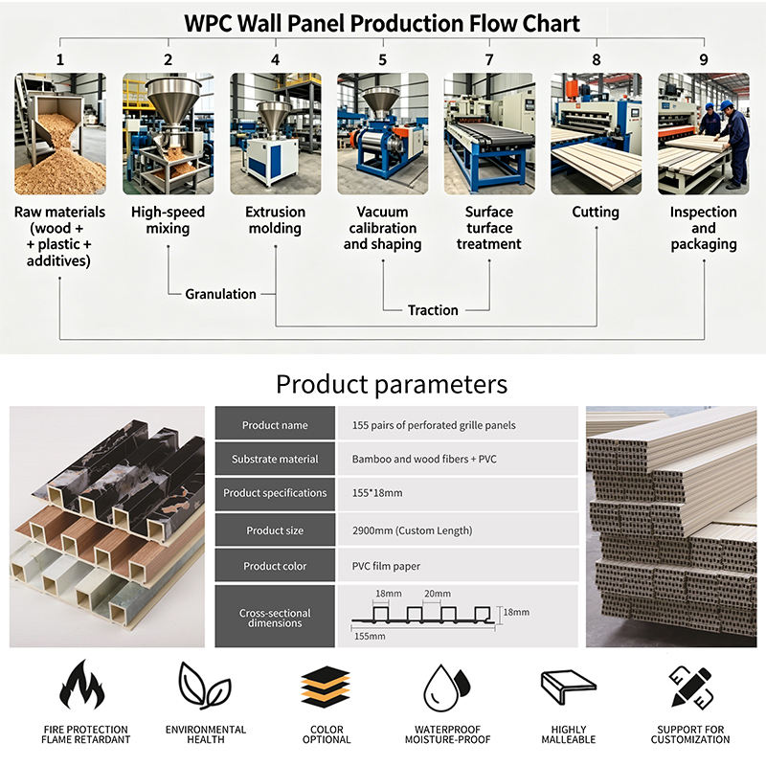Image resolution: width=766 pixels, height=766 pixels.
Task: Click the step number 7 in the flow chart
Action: (x=489, y=59)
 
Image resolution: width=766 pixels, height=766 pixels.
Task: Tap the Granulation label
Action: (x=220, y=294)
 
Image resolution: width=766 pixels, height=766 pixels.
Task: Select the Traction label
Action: (x=433, y=310)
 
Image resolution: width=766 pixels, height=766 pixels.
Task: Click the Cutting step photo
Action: (x=596, y=134)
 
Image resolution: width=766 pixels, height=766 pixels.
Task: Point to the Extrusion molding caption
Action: (x=275, y=220)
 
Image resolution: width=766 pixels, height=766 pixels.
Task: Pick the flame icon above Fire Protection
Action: (x=82, y=685)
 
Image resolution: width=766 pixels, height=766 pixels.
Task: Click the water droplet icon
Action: (x=446, y=687)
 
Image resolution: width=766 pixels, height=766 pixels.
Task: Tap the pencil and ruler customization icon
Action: (x=690, y=687)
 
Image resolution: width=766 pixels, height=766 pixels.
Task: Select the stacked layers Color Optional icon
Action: (x=326, y=687)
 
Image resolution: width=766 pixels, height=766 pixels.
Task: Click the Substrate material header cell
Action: (x=275, y=460)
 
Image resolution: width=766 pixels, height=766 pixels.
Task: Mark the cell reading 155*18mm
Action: (x=458, y=493)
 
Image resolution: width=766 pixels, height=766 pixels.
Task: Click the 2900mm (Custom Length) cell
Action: (x=458, y=530)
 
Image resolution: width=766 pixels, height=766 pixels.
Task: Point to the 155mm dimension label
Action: (x=370, y=637)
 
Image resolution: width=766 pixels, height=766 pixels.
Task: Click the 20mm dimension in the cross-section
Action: (x=438, y=594)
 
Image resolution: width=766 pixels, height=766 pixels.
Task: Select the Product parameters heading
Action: (x=392, y=384)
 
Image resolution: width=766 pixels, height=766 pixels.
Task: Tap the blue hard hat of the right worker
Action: (x=727, y=105)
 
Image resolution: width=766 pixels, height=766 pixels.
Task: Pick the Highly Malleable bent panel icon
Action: (x=569, y=687)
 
